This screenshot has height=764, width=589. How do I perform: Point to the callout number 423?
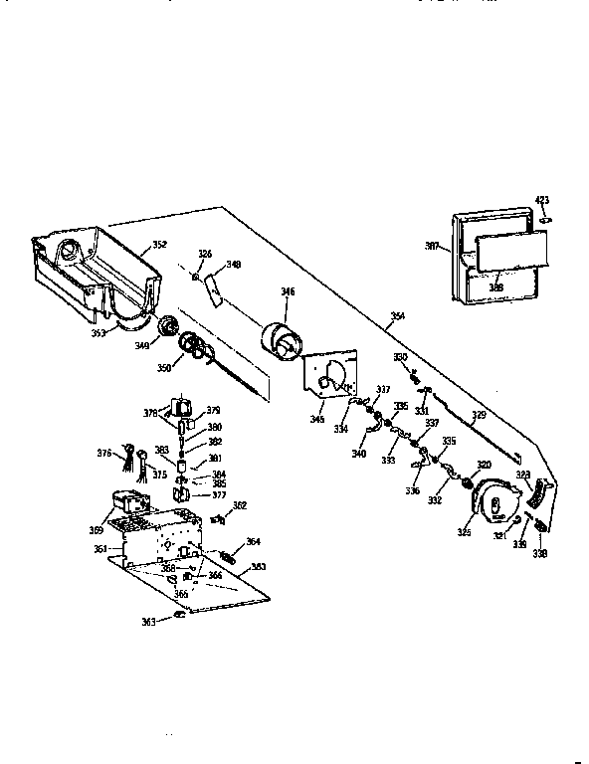tap(541, 201)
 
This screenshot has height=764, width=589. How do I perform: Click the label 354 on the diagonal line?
tap(397, 317)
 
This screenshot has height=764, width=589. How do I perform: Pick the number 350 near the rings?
tap(162, 368)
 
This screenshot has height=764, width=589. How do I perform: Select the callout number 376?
tap(103, 454)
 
